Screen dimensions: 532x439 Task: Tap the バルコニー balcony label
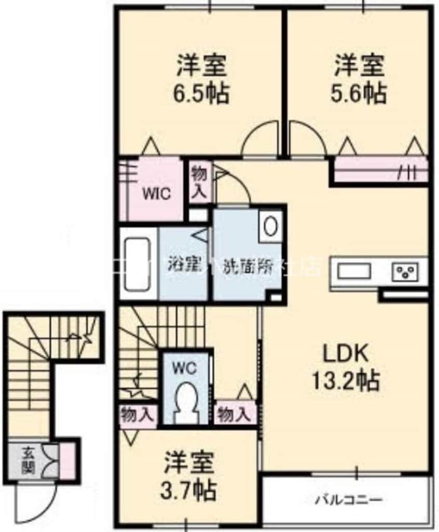point(349,500)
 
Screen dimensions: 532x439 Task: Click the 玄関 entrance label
point(28,460)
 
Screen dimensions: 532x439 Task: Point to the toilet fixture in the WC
point(187,400)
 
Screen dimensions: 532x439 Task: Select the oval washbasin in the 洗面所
point(270,226)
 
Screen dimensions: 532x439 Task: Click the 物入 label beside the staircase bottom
point(137,415)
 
